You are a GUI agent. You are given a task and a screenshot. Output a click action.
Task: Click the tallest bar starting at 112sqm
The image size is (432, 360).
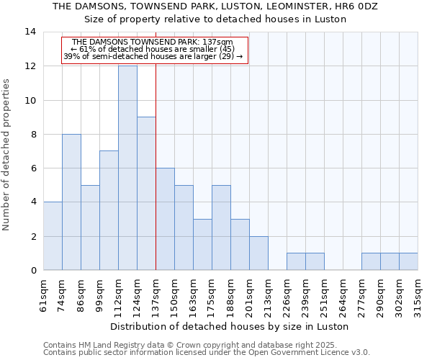127,168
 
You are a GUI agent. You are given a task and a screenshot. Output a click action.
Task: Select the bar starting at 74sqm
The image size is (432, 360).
71,202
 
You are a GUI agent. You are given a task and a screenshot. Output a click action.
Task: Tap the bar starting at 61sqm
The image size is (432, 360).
53,236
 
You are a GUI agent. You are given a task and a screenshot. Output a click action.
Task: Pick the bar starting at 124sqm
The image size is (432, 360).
146,194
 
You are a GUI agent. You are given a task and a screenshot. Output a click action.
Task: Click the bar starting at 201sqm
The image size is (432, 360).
258,253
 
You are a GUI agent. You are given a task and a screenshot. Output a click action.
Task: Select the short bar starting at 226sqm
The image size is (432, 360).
296,261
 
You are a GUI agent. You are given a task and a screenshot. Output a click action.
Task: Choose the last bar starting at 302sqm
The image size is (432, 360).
408,261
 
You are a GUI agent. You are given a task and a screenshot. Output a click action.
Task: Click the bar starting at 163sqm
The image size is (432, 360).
202,244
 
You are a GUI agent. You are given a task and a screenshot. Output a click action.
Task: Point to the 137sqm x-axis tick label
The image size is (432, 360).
156,294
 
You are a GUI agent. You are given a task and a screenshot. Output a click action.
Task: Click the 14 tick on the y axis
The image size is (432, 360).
30,32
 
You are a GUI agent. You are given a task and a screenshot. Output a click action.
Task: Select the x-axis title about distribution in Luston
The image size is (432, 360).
230,326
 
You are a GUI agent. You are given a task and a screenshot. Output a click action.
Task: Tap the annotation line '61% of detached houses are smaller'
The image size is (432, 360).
153,49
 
